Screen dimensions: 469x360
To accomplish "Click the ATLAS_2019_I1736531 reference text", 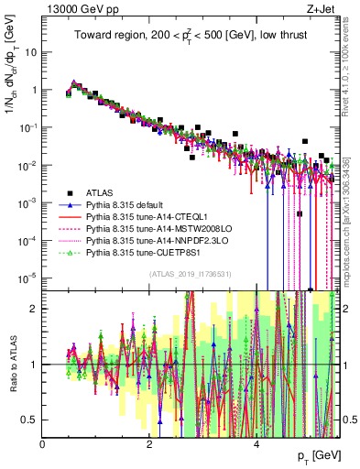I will (x=189, y=273).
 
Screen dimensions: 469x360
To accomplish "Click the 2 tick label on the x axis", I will (x=149, y=443).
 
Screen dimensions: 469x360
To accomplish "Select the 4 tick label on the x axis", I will (x=256, y=443).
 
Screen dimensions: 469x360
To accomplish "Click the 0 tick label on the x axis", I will (x=43, y=443).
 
